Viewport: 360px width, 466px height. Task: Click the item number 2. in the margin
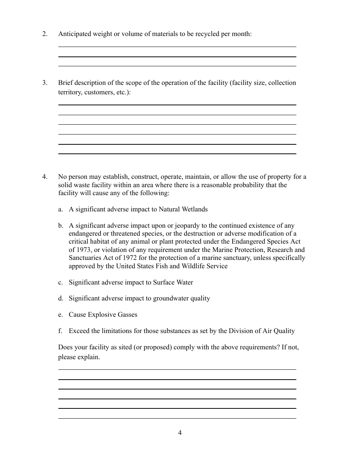coord(45,34)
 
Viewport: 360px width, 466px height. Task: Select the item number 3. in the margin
coord(45,83)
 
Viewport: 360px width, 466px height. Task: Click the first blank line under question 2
coord(177,46)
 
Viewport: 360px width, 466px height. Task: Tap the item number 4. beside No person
coord(45,177)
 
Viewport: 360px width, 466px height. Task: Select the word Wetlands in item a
coord(195,209)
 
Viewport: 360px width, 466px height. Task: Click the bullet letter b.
coord(61,226)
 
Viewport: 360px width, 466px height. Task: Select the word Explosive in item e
coord(101,315)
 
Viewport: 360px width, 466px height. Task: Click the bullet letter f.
coord(60,331)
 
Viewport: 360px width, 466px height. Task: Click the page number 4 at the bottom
coord(180,433)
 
